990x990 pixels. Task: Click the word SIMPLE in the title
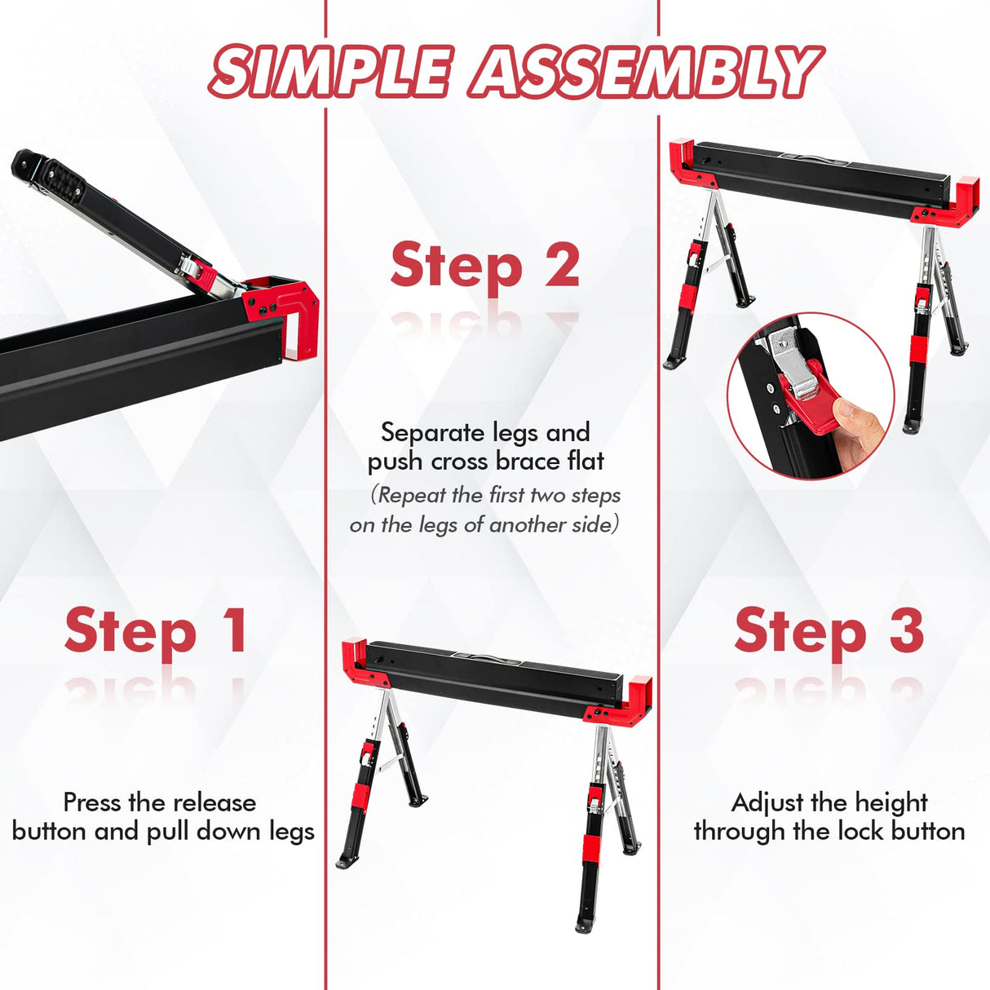[x=329, y=72]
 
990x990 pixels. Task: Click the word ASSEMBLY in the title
[x=645, y=72]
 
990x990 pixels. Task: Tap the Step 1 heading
[x=155, y=631]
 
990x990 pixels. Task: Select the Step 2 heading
[x=485, y=267]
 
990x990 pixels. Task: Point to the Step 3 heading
[x=829, y=631]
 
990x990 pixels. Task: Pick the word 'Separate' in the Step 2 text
[x=431, y=432]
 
